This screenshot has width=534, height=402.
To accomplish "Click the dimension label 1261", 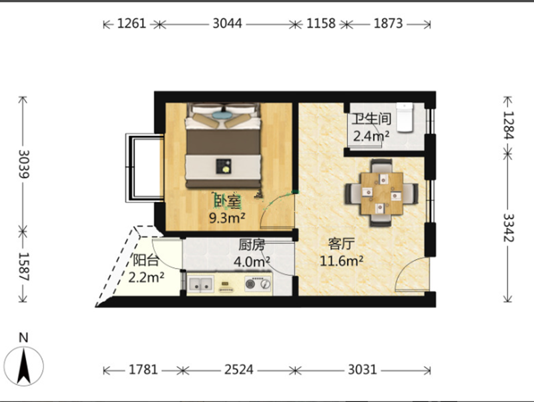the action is (x=131, y=23).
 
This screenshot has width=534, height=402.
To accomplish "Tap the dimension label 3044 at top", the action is (x=228, y=23).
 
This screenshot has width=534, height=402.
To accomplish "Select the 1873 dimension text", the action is (x=388, y=23).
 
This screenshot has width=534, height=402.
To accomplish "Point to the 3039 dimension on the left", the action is (x=24, y=164).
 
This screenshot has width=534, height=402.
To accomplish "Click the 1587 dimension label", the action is (x=24, y=267).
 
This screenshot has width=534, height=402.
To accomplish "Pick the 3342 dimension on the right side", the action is (x=509, y=227).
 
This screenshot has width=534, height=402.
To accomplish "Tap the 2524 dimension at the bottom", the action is (x=239, y=369).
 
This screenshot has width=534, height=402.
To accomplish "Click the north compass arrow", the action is (x=24, y=366).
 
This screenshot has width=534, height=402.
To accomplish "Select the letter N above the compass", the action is (x=23, y=338).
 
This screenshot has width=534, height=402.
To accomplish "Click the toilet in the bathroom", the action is (x=405, y=117).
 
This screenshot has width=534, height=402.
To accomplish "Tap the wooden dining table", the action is (x=381, y=193).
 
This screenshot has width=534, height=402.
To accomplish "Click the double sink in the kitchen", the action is (x=201, y=284).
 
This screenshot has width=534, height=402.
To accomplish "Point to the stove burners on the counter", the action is (x=258, y=283).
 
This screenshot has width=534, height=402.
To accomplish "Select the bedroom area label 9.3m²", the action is (x=227, y=217).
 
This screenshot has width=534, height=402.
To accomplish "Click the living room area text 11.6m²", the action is (x=341, y=261).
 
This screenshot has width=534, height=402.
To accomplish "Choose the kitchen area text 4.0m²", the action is (x=252, y=261).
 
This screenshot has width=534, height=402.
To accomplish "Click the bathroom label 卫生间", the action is (x=371, y=119).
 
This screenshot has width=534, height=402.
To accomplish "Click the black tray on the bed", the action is (x=224, y=166).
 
